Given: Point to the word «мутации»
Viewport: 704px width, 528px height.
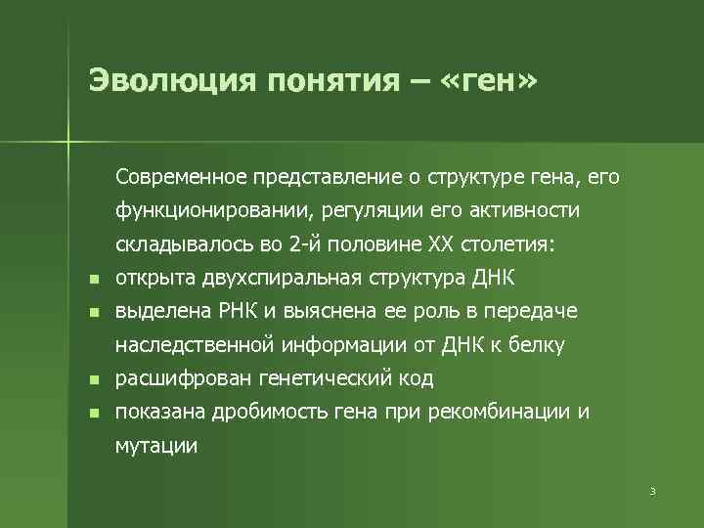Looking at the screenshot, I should [156, 446].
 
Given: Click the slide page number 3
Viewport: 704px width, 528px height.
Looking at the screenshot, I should [651, 490].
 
